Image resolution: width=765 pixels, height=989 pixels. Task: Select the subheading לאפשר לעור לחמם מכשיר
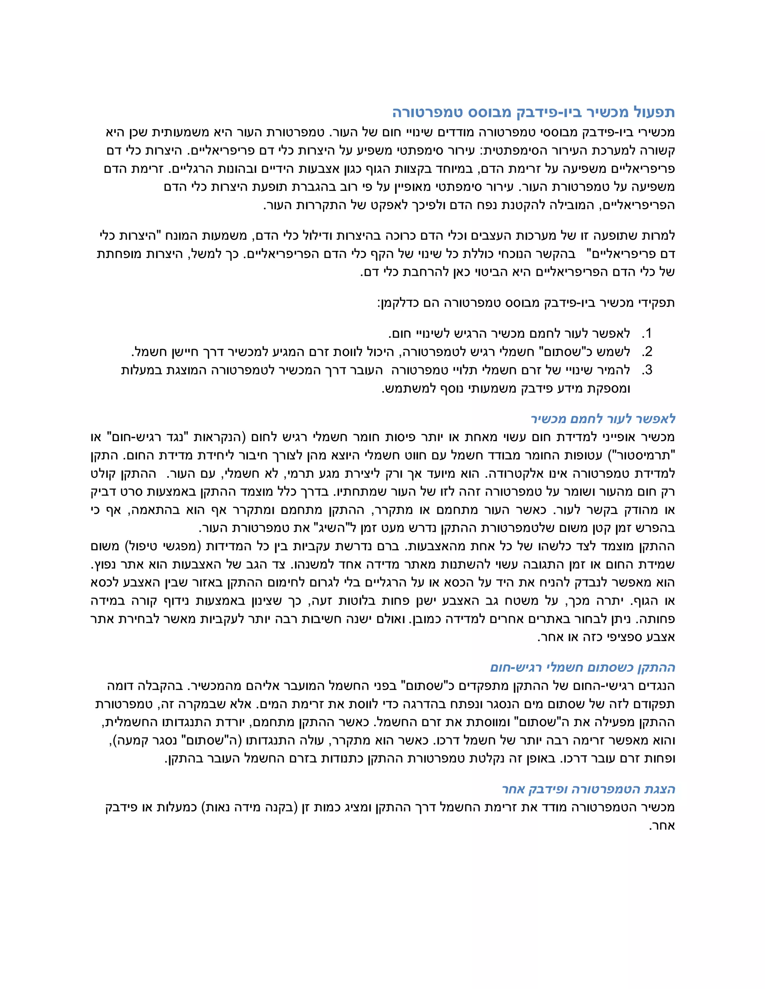(603, 419)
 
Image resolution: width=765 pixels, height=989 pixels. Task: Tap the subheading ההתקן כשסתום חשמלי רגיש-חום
(582, 668)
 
